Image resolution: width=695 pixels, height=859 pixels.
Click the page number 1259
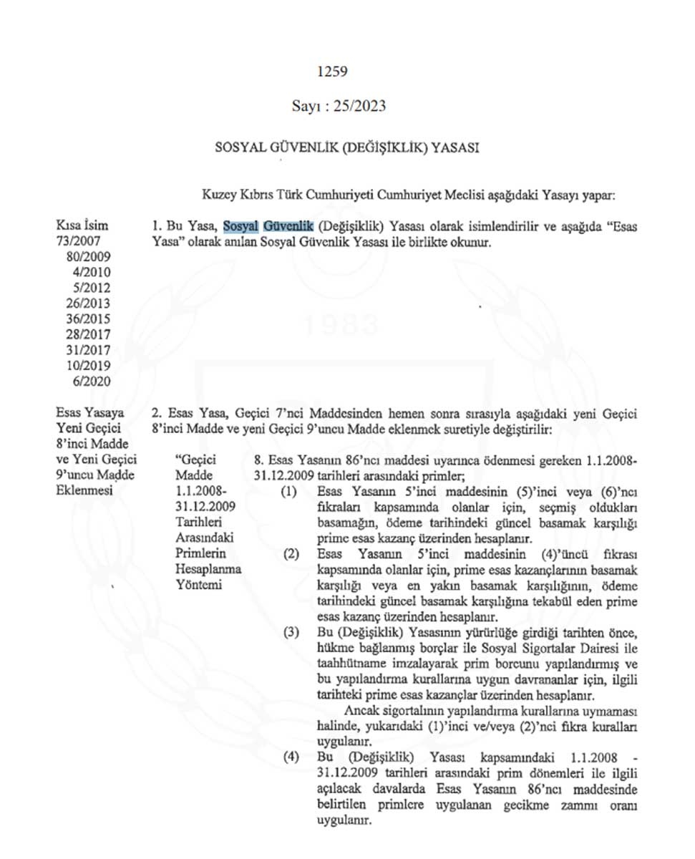coord(331,71)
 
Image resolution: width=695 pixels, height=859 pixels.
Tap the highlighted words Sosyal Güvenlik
coord(268,227)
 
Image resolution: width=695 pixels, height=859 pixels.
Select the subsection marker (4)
coord(289,757)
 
